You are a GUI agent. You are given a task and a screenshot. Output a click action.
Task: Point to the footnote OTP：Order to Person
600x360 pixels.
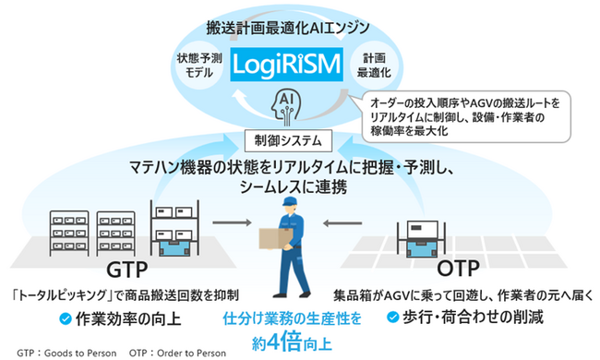pos(175,352)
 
